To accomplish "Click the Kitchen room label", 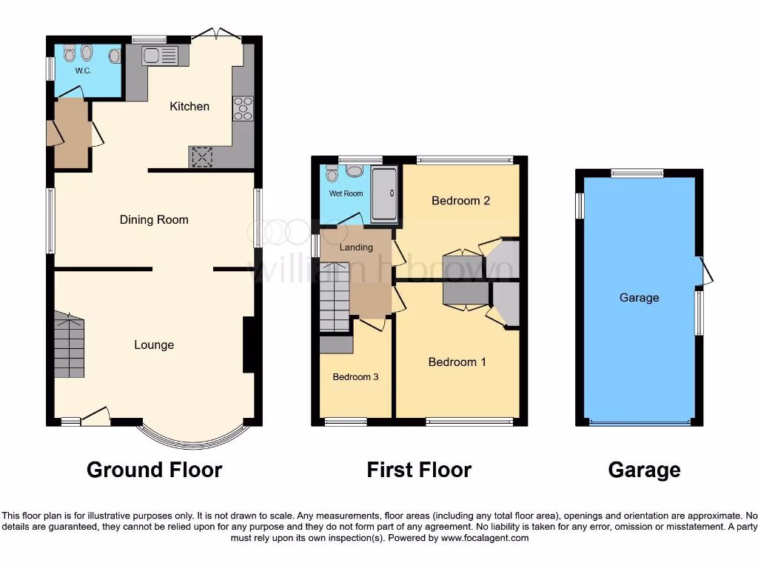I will pyautogui.click(x=189, y=107).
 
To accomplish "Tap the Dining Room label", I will pyautogui.click(x=154, y=219).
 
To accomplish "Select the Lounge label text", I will pyautogui.click(x=154, y=345).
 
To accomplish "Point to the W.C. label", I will pyautogui.click(x=82, y=71).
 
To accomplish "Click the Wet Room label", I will pyautogui.click(x=346, y=193).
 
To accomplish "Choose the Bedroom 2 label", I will pyautogui.click(x=460, y=200).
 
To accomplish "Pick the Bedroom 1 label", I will pyautogui.click(x=457, y=362).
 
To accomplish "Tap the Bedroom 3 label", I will pyautogui.click(x=355, y=377).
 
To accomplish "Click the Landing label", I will pyautogui.click(x=356, y=247).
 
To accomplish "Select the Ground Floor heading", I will pyautogui.click(x=154, y=470).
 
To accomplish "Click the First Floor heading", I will pyautogui.click(x=419, y=470).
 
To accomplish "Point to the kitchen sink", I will pyautogui.click(x=160, y=56).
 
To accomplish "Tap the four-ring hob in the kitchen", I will pyautogui.click(x=243, y=109).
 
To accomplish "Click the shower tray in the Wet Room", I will pyautogui.click(x=384, y=194).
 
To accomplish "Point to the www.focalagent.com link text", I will pyautogui.click(x=484, y=538).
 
